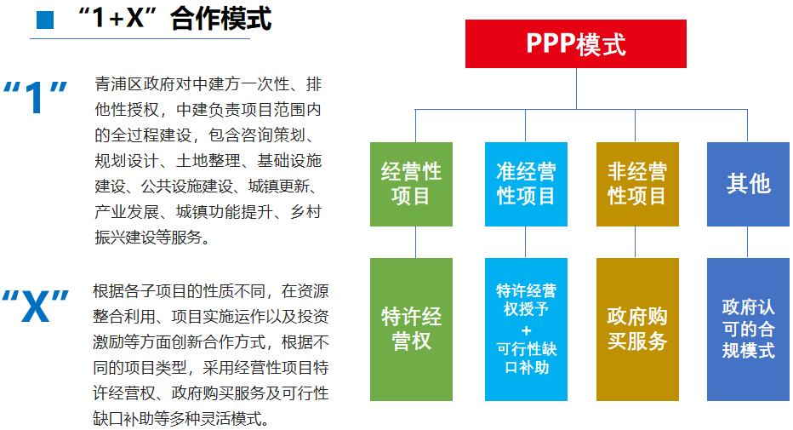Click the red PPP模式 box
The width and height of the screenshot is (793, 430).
[x=575, y=43]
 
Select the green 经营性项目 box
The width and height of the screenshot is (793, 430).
[x=411, y=184]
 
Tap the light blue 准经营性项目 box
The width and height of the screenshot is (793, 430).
[x=526, y=184]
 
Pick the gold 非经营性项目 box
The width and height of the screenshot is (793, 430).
[x=637, y=184]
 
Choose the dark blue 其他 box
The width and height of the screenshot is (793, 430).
[x=748, y=184]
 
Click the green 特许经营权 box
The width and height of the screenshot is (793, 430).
[x=411, y=330]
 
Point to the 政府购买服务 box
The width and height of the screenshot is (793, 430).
[x=637, y=330]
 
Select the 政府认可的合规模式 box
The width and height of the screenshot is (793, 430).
[x=748, y=330]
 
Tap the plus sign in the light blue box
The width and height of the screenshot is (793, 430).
[x=527, y=330]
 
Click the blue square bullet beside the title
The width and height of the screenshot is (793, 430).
[x=45, y=20]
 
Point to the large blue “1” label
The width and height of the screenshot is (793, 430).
[x=35, y=96]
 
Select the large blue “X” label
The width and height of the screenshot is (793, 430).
[x=36, y=306]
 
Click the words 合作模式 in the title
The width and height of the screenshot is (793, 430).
[x=221, y=19]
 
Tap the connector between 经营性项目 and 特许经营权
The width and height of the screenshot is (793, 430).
[x=416, y=243]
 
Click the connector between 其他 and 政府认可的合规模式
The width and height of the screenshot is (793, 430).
[x=748, y=243]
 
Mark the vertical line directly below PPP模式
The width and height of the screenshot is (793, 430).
[x=576, y=89]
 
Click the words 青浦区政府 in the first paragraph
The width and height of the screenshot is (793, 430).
[x=127, y=84]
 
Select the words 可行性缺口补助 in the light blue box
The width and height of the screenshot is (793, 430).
[x=527, y=358]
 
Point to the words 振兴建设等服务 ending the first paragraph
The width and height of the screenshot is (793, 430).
[x=149, y=237]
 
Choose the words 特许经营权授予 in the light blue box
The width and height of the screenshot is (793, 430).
[x=527, y=300]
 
